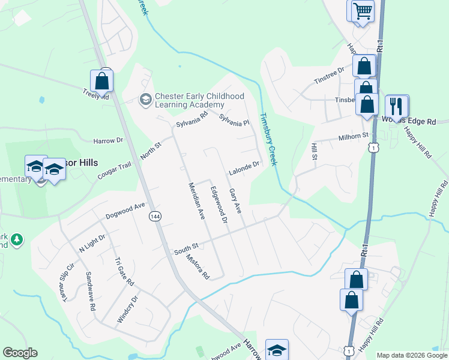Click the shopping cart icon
[363, 11]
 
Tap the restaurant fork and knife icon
[396, 106]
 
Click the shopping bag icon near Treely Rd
[102, 81]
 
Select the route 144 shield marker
[155, 217]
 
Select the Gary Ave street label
[235, 202]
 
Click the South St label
[186, 247]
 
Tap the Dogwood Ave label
[125, 209]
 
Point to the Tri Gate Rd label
[125, 273]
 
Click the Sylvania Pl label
[234, 121]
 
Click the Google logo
[20, 353]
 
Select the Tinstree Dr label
[330, 76]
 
